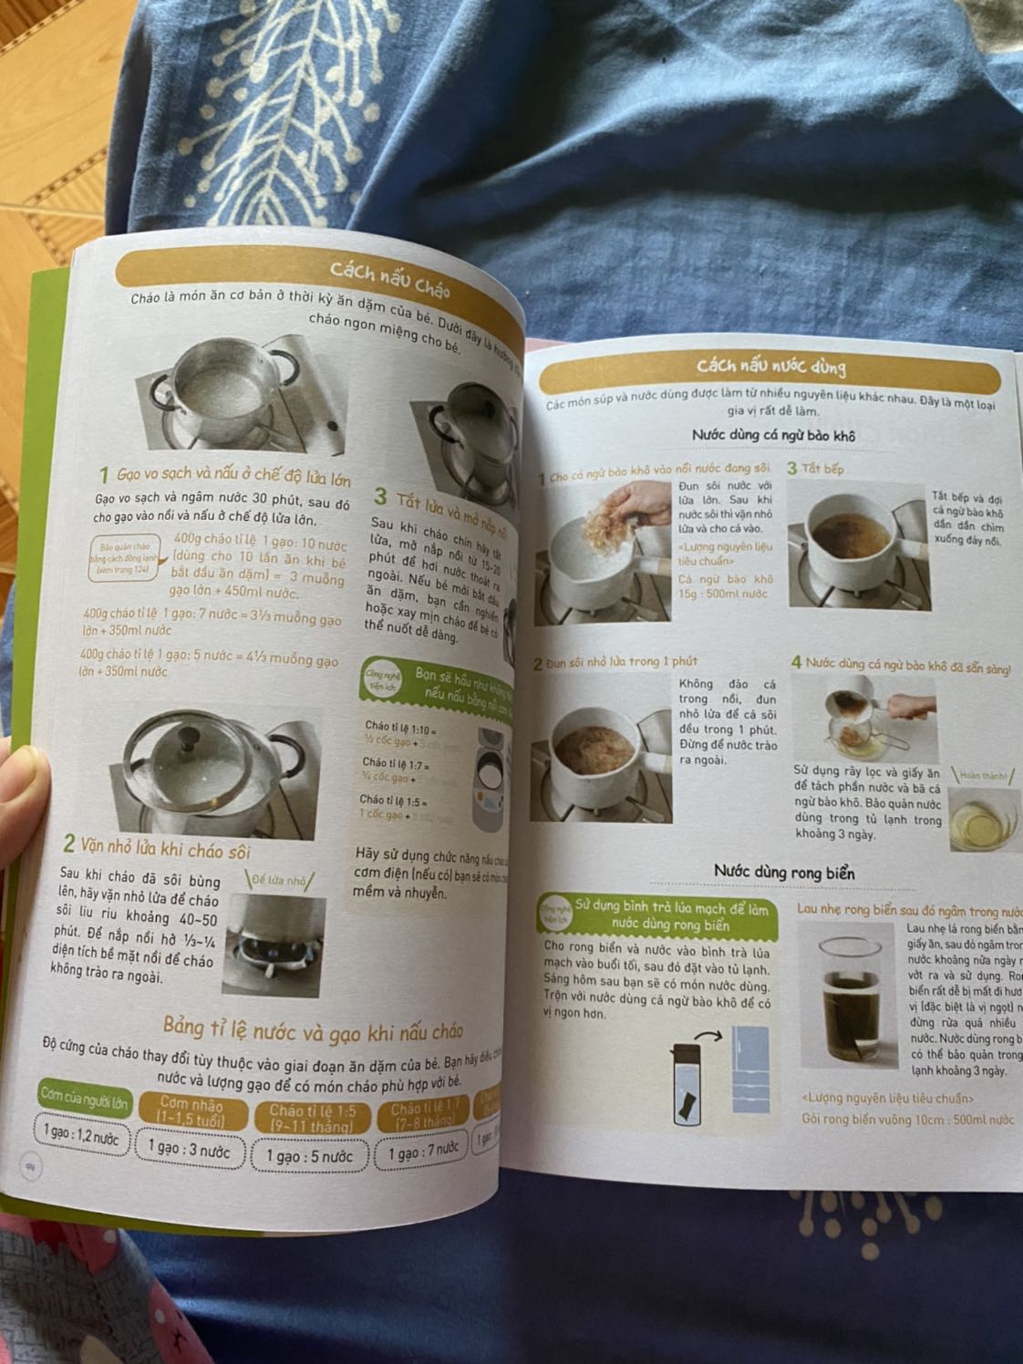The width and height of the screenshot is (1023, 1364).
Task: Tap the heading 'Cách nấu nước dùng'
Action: click(770, 367)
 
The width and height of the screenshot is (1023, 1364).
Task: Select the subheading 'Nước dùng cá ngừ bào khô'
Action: click(772, 435)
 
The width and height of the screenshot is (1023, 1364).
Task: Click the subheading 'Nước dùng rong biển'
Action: click(784, 873)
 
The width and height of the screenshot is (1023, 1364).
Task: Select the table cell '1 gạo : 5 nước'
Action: click(309, 1155)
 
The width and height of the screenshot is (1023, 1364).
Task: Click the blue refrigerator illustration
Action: click(754, 1071)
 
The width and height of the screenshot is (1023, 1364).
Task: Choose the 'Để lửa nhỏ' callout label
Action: click(281, 881)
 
